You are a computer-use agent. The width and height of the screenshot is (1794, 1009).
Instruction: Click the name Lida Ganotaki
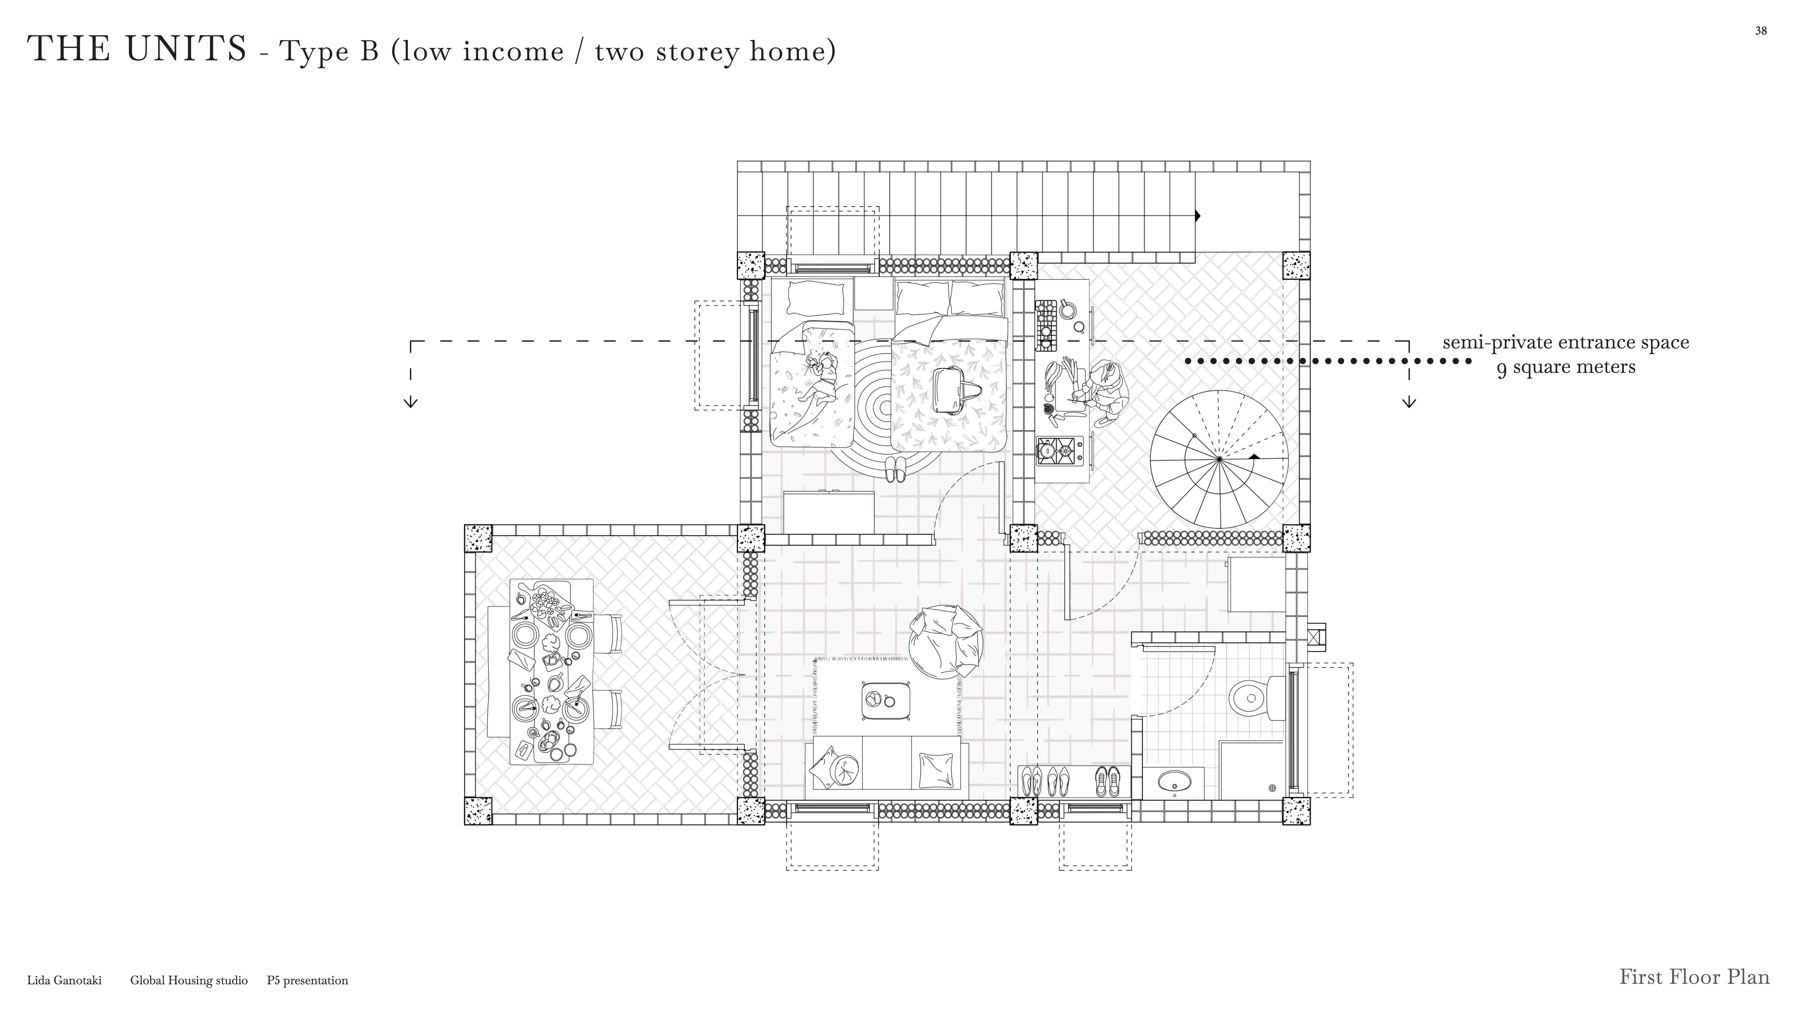(64, 980)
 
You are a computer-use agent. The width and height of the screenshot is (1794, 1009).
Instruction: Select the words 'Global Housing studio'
(189, 980)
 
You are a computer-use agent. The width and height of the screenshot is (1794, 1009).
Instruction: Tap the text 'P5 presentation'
(307, 980)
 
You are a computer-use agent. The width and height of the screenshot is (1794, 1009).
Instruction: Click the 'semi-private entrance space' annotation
(1566, 343)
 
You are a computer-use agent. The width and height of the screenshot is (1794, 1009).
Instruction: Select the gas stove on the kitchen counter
(1059, 451)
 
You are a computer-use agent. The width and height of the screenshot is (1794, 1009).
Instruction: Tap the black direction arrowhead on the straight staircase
(1198, 216)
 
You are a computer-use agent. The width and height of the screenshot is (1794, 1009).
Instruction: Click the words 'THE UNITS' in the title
(137, 49)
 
